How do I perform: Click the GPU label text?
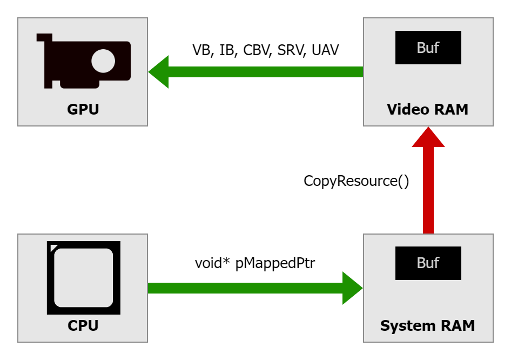[83, 110]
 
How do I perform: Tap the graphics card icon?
[84, 61]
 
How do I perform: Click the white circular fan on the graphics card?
[103, 61]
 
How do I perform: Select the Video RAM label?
[427, 110]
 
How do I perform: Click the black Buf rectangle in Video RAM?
[428, 48]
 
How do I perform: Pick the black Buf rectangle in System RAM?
[428, 263]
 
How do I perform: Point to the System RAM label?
[427, 326]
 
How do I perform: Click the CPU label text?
[83, 326]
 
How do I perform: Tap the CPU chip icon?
[84, 278]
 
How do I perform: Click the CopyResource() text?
[357, 181]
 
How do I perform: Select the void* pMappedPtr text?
[255, 263]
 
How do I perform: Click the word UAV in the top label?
[325, 51]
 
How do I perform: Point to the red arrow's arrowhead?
[428, 138]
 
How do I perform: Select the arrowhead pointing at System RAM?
[352, 288]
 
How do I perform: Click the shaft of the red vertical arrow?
[428, 189]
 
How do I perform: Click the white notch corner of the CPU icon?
[51, 247]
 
